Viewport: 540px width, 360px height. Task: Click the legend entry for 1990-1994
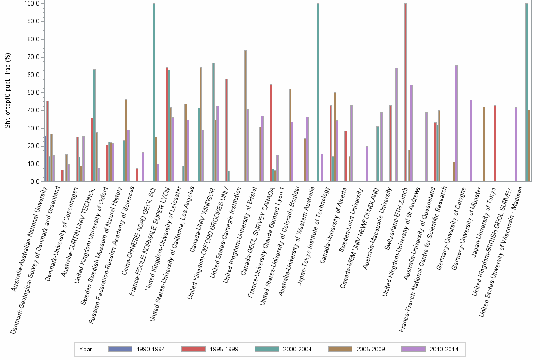pos(136,349)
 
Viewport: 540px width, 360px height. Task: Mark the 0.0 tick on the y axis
pos(34,181)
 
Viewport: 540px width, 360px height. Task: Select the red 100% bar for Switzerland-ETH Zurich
pos(405,92)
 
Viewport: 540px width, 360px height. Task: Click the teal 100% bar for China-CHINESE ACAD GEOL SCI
pos(154,92)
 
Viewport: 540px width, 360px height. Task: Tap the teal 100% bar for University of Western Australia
pos(318,92)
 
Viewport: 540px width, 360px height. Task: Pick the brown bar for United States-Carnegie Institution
pos(245,116)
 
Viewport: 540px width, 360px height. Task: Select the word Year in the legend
pos(86,349)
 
